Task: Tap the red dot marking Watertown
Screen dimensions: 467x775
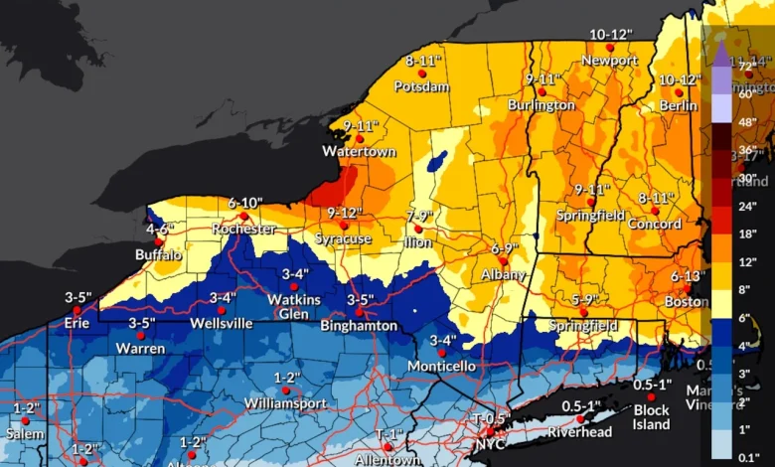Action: click(361, 139)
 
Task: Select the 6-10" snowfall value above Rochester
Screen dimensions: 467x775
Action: click(244, 203)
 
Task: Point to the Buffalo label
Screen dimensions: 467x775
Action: click(159, 254)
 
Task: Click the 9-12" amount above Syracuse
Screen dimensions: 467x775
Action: click(344, 213)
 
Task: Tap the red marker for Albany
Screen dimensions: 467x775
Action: click(504, 261)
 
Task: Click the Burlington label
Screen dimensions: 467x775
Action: click(541, 105)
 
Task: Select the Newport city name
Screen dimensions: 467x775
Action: click(610, 61)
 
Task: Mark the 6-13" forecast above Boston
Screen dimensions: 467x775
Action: click(687, 275)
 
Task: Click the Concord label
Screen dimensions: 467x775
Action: click(655, 225)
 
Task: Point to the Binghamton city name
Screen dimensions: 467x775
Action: click(360, 326)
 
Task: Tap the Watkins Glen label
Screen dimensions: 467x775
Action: click(294, 306)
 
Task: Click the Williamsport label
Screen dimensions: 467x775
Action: click(286, 404)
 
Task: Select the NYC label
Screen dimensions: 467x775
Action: click(491, 445)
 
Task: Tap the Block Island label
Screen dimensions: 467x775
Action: click(651, 417)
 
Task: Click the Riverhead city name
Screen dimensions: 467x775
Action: click(581, 432)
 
